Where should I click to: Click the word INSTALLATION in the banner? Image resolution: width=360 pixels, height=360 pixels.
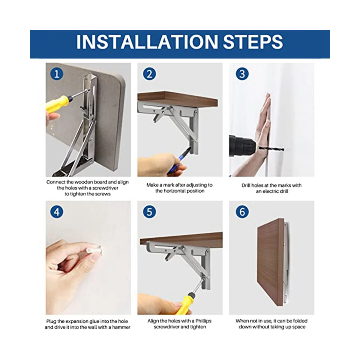pyautogui.click(x=147, y=41)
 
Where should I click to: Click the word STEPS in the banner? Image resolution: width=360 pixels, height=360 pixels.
pyautogui.click(x=253, y=41)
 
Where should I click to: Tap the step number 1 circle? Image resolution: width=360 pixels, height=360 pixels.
pyautogui.click(x=57, y=74)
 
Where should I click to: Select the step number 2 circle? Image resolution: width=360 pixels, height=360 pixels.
pyautogui.click(x=149, y=74)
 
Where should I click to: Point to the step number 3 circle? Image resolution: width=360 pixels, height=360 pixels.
pyautogui.click(x=242, y=74)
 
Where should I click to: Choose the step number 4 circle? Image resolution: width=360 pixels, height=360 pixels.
pyautogui.click(x=57, y=212)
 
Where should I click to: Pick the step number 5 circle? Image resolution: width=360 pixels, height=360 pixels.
pyautogui.click(x=149, y=212)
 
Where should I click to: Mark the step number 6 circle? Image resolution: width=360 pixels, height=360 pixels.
pyautogui.click(x=242, y=212)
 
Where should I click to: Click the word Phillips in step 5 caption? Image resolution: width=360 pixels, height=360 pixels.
pyautogui.click(x=203, y=321)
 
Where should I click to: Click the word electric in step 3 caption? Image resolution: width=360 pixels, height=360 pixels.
pyautogui.click(x=272, y=191)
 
